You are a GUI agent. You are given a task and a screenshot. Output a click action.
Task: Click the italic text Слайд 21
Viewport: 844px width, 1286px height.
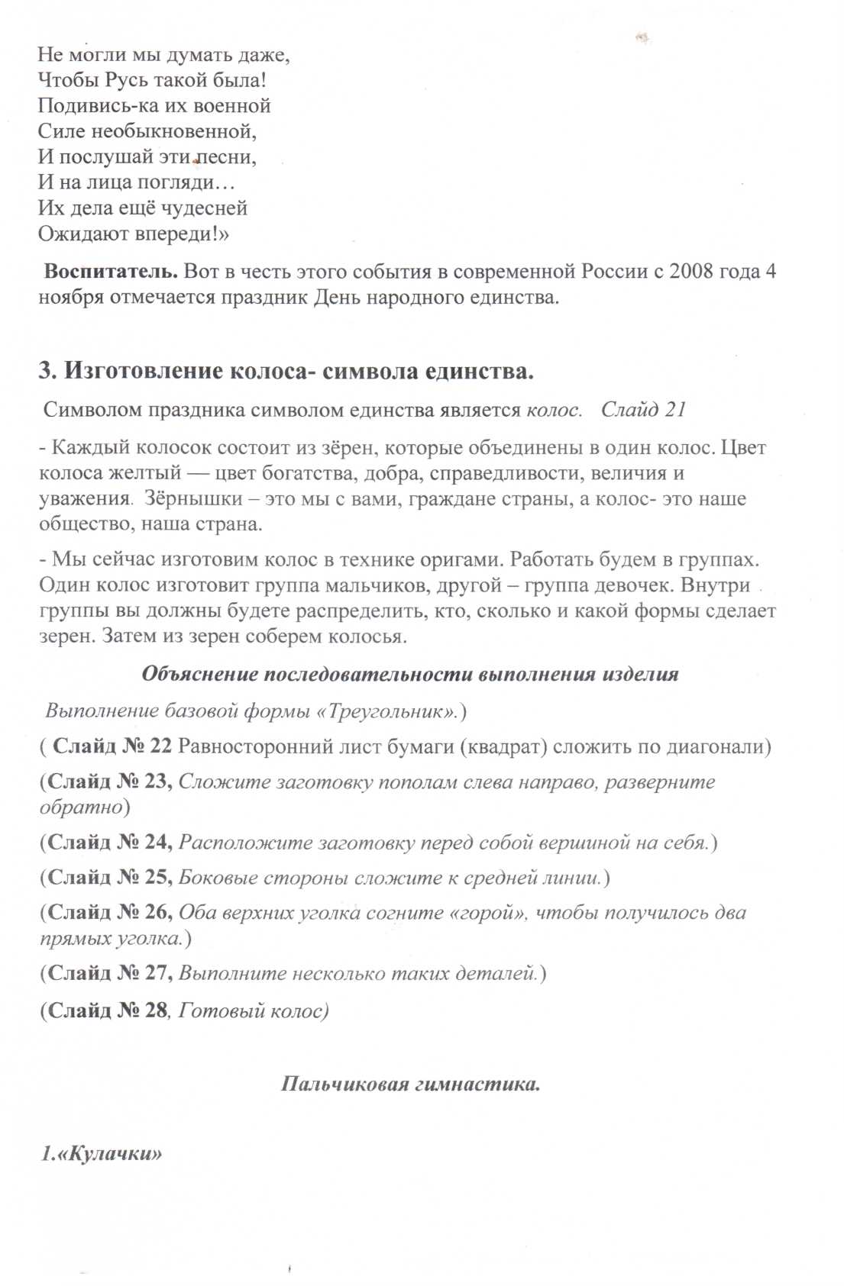coord(643,410)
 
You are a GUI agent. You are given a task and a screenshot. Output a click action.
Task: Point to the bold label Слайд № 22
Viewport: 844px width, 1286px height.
coord(112,746)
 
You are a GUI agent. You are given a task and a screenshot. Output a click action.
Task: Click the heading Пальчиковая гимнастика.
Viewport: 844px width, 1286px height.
coord(410,1084)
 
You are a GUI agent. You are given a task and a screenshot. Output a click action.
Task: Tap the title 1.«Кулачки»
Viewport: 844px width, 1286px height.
coord(102,1153)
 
